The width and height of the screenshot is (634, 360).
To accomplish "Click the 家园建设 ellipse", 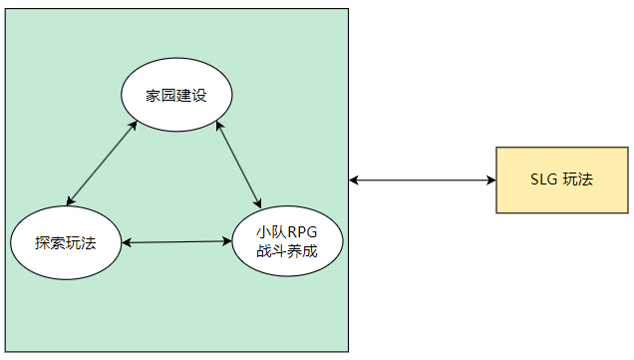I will click(176, 95).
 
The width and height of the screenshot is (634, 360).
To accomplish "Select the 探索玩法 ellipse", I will click(66, 242).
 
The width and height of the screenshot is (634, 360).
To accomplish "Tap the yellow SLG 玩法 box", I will click(562, 180).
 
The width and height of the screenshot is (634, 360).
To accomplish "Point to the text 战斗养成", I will click(287, 251).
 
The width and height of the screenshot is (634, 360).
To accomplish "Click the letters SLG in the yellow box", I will click(544, 180).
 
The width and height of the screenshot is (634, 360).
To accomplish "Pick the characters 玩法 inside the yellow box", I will click(577, 180).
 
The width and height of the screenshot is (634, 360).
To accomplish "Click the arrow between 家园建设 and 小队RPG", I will click(239, 166).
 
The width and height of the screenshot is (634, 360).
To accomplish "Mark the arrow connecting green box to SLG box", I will click(423, 180).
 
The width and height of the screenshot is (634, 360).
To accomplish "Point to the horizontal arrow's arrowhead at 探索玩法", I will click(127, 242).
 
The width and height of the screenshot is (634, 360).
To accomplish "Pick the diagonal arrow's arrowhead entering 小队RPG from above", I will click(257, 202).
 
